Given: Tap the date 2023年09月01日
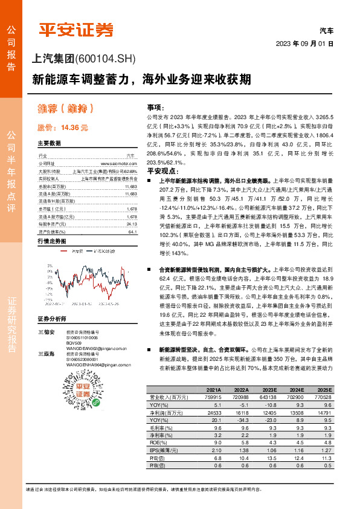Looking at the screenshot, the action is pos(304,44).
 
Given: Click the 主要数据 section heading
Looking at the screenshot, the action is pos(50,144).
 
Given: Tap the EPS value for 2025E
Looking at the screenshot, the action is pos(324,451).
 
